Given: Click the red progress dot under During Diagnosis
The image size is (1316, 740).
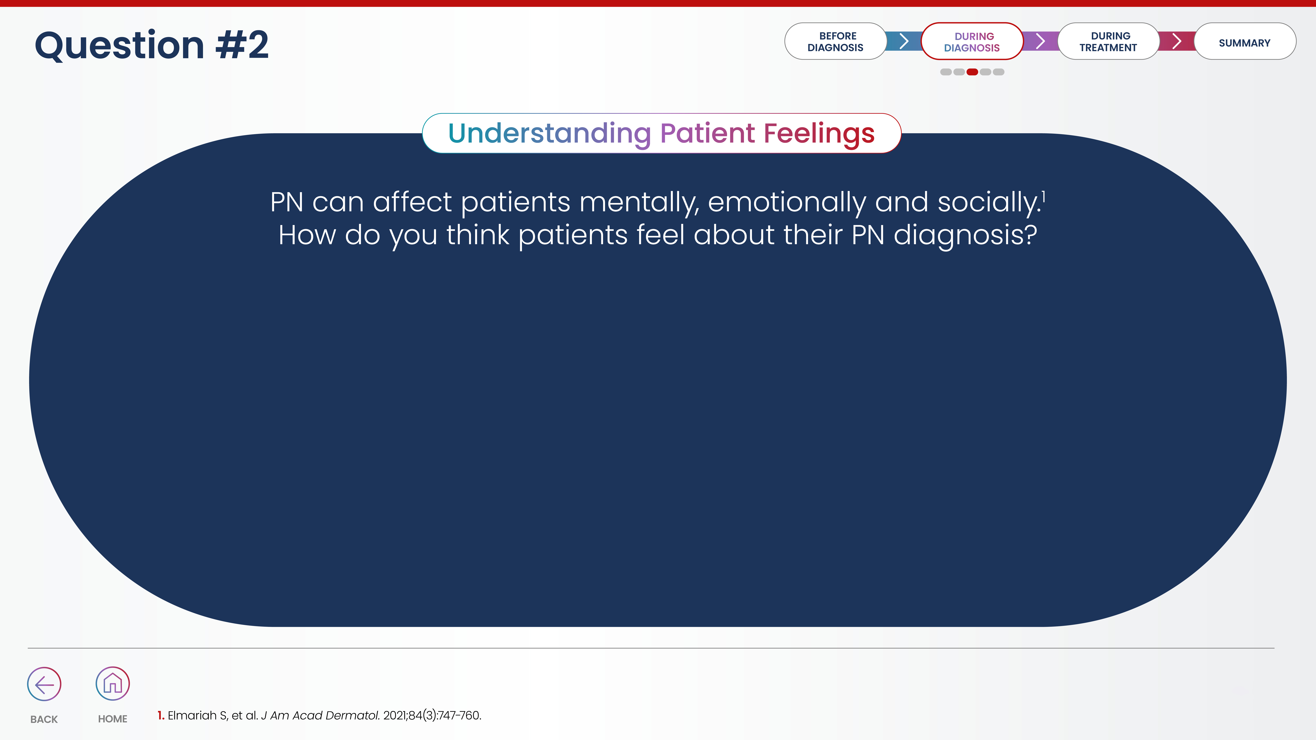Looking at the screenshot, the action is point(972,72).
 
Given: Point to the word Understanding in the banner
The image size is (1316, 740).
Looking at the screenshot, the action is point(550,134).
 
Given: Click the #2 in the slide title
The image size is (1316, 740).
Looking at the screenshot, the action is point(242,45).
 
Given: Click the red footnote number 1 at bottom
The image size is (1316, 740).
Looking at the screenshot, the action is point(160,715).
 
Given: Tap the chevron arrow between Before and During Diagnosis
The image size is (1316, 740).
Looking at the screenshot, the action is point(904,41).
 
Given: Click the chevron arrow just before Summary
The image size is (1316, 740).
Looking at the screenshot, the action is point(1177,41).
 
